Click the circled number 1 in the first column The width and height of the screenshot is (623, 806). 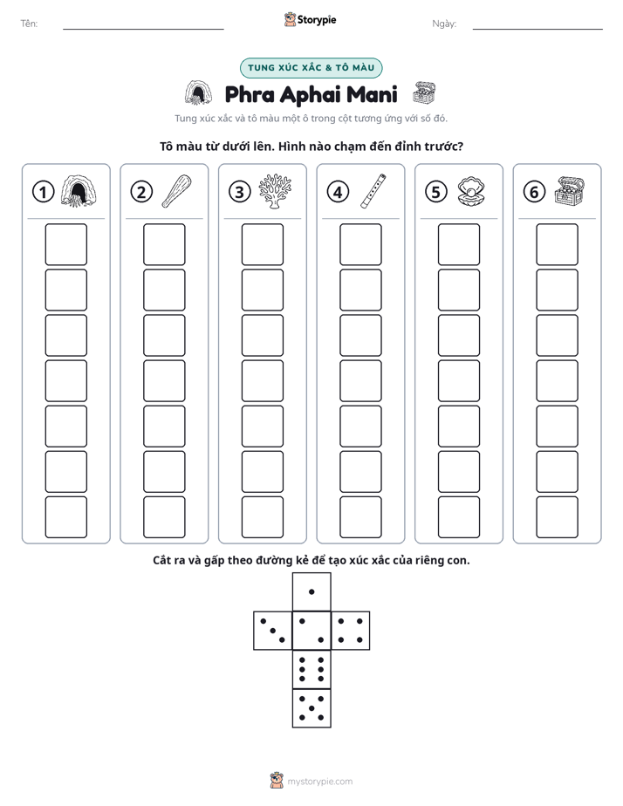[x=43, y=192]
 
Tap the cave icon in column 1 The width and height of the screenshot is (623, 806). [x=79, y=191]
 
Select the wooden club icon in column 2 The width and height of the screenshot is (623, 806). [x=176, y=191]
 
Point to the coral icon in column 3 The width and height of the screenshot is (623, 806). [x=275, y=191]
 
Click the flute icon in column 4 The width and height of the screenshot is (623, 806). [x=373, y=191]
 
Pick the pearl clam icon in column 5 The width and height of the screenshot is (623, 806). [x=471, y=192]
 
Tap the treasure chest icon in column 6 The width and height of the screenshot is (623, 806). [x=570, y=191]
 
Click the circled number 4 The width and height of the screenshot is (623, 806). [x=338, y=192]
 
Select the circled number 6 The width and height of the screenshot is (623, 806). [x=534, y=192]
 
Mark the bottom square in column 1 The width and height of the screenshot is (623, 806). [x=65, y=517]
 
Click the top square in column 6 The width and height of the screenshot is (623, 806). [x=558, y=244]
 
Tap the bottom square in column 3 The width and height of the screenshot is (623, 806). [x=262, y=517]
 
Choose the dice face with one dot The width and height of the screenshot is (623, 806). [x=311, y=591]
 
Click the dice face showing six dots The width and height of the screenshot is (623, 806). [x=311, y=669]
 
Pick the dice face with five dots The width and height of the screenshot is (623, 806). [x=311, y=708]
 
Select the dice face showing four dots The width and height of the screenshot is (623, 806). [x=351, y=631]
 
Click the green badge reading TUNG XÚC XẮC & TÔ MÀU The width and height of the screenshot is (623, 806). [x=311, y=68]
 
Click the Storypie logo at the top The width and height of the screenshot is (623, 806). [x=311, y=19]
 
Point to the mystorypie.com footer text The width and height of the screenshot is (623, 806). [x=319, y=782]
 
